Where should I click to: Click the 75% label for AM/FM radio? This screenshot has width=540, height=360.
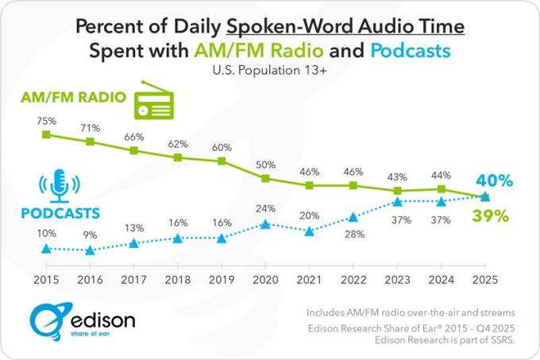[x=46, y=121]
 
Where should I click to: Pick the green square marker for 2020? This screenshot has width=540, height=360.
[x=266, y=178]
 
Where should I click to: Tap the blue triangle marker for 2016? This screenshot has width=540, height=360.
[x=90, y=250]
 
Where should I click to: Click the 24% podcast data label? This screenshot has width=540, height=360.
[x=265, y=209]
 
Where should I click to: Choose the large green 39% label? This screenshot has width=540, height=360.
[x=492, y=216]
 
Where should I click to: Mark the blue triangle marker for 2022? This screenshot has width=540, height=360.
[x=353, y=217]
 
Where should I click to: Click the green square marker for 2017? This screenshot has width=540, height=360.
[x=134, y=149]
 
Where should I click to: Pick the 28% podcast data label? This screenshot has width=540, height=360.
[x=353, y=235]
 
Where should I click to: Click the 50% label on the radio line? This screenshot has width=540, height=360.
[x=265, y=165]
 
